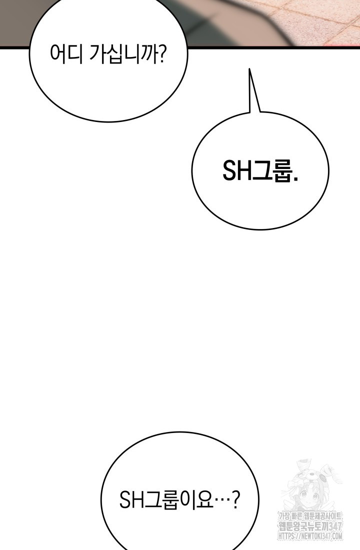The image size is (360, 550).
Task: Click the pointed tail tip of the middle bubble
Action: [x=249, y=69]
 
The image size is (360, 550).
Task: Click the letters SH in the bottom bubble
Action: [x=132, y=500]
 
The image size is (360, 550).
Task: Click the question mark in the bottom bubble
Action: [x=236, y=500]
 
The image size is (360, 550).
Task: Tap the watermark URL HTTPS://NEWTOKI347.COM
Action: [x=310, y=536]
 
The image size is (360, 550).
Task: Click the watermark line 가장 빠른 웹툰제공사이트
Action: [x=310, y=516]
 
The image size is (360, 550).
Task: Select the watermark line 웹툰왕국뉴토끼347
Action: [x=310, y=526]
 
